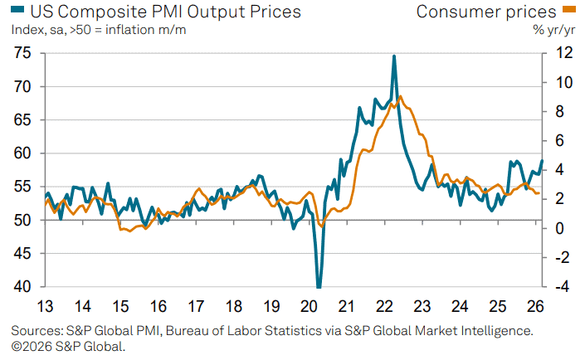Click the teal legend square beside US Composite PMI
17,11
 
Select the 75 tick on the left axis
23,53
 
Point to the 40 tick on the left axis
23,287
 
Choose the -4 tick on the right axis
562,287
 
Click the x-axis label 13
46,305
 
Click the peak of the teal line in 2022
393,56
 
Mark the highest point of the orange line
401,96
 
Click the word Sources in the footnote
37,330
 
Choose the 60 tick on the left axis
23,153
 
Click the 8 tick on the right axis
565,111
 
